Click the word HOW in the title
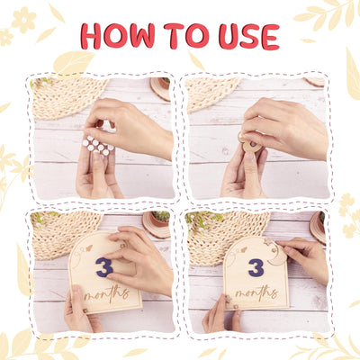pyautogui.click(x=118, y=36)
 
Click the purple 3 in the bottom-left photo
pyautogui.click(x=104, y=267)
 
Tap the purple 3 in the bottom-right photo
pyautogui.click(x=256, y=268)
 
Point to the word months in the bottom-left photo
pyautogui.click(x=107, y=293)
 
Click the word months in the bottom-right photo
pyautogui.click(x=256, y=292)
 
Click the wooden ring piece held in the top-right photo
pyautogui.click(x=249, y=144)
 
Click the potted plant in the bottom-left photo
pyautogui.click(x=159, y=219)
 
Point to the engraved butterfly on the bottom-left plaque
pyautogui.click(x=89, y=248)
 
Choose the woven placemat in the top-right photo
pyautogui.click(x=210, y=93)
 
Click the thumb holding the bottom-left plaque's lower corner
pyautogui.click(x=77, y=300)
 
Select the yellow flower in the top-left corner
pyautogui.click(x=24, y=20)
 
